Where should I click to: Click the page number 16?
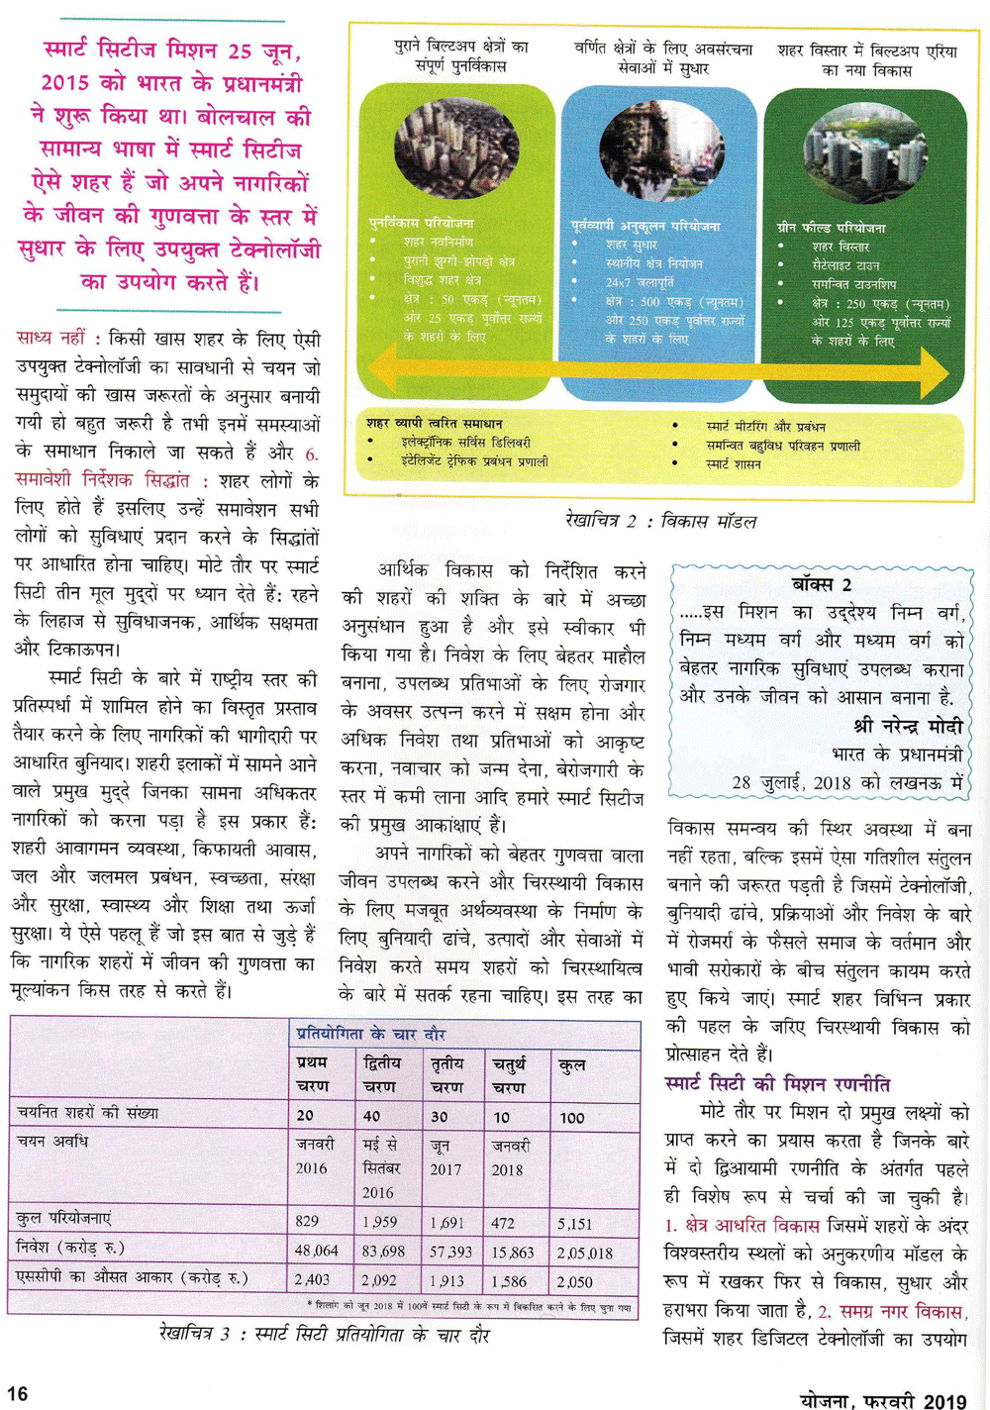click(17, 1394)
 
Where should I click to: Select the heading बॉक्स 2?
click(822, 584)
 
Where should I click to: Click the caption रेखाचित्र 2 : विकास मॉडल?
click(660, 521)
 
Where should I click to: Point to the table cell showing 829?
click(307, 1222)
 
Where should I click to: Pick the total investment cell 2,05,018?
click(585, 1253)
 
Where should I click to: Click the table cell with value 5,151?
click(574, 1223)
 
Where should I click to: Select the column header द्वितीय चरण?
click(382, 1074)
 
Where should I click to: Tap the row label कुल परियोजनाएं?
click(64, 1218)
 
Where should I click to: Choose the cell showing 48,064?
click(317, 1252)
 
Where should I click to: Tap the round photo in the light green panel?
click(456, 149)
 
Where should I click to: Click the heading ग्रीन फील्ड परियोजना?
click(832, 228)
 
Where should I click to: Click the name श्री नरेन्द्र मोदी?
click(908, 726)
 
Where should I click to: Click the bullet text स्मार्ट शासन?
click(734, 463)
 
